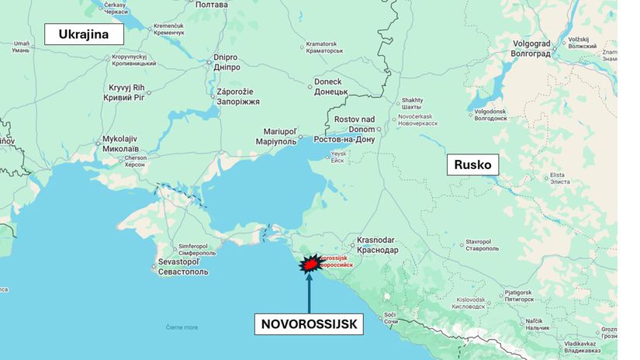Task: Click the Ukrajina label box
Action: point(85,34)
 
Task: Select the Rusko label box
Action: point(472,164)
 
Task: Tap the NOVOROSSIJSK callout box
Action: point(309,324)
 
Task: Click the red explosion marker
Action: point(310,265)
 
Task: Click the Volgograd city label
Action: point(531,48)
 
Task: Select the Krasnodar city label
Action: point(378,245)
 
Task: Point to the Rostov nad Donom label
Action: point(345,129)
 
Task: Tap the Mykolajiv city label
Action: point(120,143)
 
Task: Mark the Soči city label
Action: point(391,317)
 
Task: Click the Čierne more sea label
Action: point(182,327)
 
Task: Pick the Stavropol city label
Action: point(483,244)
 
